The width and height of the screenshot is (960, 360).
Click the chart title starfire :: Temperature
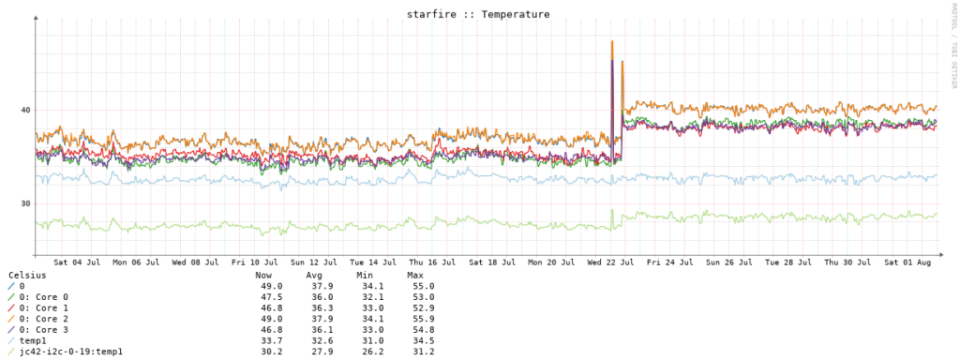coord(478,13)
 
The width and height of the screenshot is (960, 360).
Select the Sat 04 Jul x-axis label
coord(77,262)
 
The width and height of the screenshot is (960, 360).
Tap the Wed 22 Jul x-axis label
coord(610,262)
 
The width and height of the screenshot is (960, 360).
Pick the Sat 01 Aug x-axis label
coord(907,262)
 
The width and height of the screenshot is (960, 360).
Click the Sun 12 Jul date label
coord(314,262)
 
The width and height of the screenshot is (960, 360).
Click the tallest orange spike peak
coord(611,41)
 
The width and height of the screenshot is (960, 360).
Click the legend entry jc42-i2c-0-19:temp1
coord(71,352)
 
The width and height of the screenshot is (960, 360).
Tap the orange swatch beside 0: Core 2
coord(11,319)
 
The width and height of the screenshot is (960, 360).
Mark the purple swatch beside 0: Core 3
coord(11,329)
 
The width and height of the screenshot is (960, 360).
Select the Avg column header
coord(314,275)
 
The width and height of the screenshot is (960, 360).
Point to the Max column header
coord(415,275)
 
